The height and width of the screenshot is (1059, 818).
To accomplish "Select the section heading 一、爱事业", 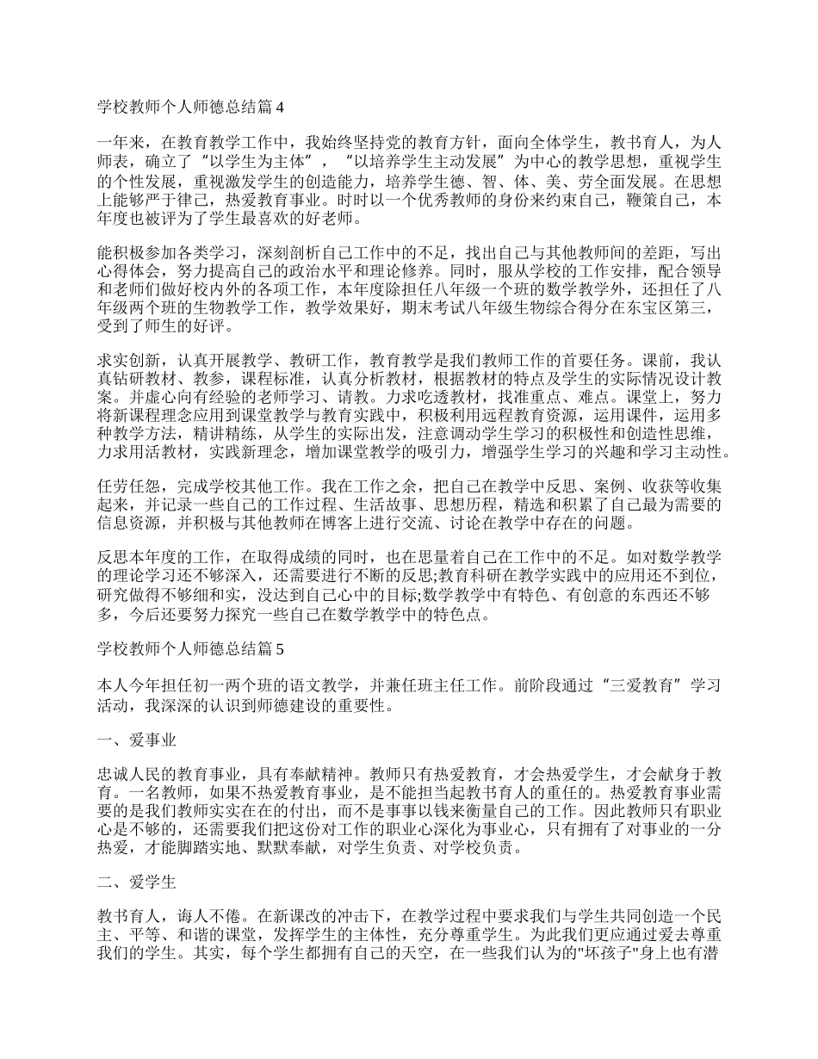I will pos(139,740).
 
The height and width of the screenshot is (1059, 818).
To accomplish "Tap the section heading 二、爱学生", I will pos(139,882).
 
